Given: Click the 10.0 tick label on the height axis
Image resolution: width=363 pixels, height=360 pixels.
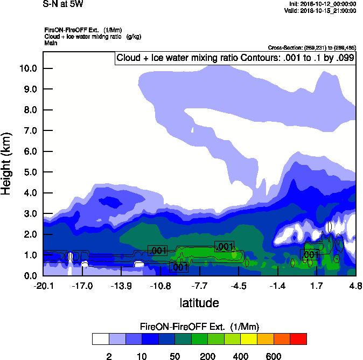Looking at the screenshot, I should click(28, 68).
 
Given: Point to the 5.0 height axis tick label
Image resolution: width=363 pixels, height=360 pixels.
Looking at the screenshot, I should click(30, 172).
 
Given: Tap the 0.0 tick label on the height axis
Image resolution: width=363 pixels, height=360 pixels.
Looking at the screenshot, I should click(30, 276).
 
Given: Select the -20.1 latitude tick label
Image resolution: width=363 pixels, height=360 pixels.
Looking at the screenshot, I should click(43, 286).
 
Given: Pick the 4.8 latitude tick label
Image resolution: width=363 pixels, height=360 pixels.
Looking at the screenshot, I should click(354, 286).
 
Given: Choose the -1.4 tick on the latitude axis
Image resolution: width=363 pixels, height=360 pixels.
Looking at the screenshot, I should click(278, 286).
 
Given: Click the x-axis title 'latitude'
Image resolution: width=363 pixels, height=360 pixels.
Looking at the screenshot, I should click(199, 303).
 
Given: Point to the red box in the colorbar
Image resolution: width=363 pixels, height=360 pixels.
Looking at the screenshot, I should click(298, 338).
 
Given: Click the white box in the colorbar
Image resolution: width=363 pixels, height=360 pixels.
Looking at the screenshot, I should click(100, 338).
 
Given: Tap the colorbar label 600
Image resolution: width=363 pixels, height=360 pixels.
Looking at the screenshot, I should click(274, 356).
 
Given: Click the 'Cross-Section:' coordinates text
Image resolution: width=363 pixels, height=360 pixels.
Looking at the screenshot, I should click(312, 47).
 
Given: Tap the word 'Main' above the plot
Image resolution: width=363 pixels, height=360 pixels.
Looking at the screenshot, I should click(51, 43).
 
